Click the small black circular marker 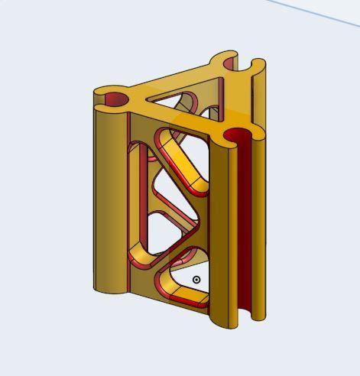[196, 280]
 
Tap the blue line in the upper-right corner [321, 15]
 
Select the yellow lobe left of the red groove [221, 229]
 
